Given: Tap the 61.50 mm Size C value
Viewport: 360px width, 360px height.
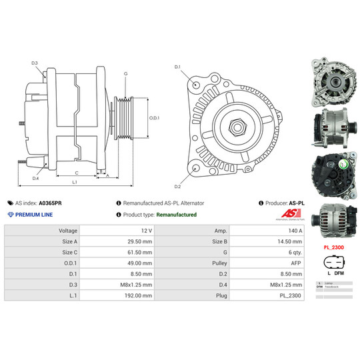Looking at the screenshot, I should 138,251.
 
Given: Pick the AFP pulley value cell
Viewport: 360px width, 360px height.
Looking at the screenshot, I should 294,262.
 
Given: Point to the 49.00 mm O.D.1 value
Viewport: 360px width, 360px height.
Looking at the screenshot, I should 138,262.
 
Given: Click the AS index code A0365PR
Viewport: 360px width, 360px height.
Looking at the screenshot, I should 51,203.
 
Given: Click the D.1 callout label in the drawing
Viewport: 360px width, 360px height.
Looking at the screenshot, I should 178,67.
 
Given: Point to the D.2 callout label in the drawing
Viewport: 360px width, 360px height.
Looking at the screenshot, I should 178,187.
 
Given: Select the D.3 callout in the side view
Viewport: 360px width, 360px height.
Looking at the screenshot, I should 35,63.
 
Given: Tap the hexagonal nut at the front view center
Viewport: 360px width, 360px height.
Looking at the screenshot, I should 236,126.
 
